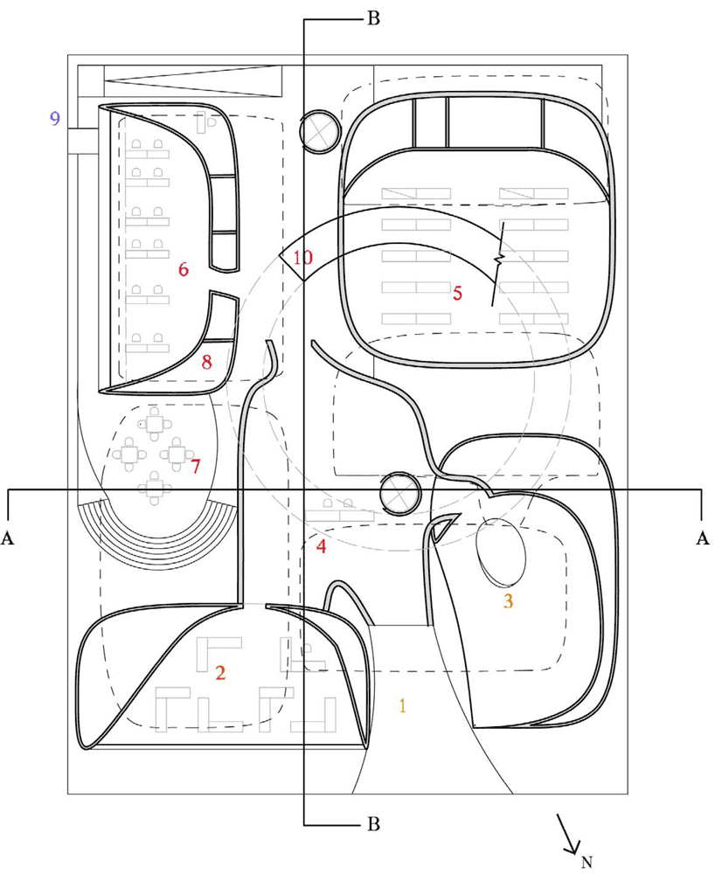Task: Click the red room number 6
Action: click(x=184, y=270)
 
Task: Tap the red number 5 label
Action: click(x=457, y=293)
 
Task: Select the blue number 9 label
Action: click(x=54, y=119)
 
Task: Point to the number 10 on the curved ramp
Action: click(x=303, y=258)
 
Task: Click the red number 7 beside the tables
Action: click(x=195, y=467)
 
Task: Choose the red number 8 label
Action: click(x=207, y=363)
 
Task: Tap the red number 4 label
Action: click(x=321, y=546)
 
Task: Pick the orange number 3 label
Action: click(x=508, y=601)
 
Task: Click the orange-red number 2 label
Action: click(x=220, y=673)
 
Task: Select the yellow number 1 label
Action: click(x=402, y=705)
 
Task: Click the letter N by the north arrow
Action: click(x=587, y=862)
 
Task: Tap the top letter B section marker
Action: click(x=373, y=19)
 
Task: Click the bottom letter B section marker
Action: click(x=373, y=824)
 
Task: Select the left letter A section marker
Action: click(x=8, y=538)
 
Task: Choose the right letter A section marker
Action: click(x=703, y=538)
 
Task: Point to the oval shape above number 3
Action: click(x=501, y=552)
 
